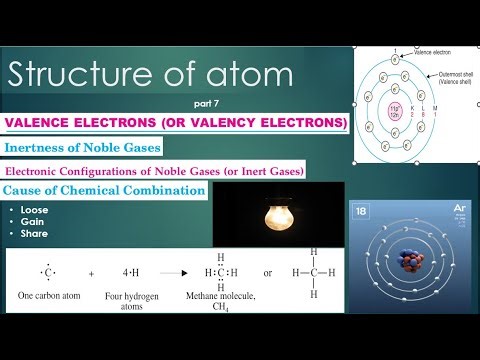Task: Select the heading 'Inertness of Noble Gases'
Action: coord(75,148)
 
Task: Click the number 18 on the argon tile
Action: coord(363,212)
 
